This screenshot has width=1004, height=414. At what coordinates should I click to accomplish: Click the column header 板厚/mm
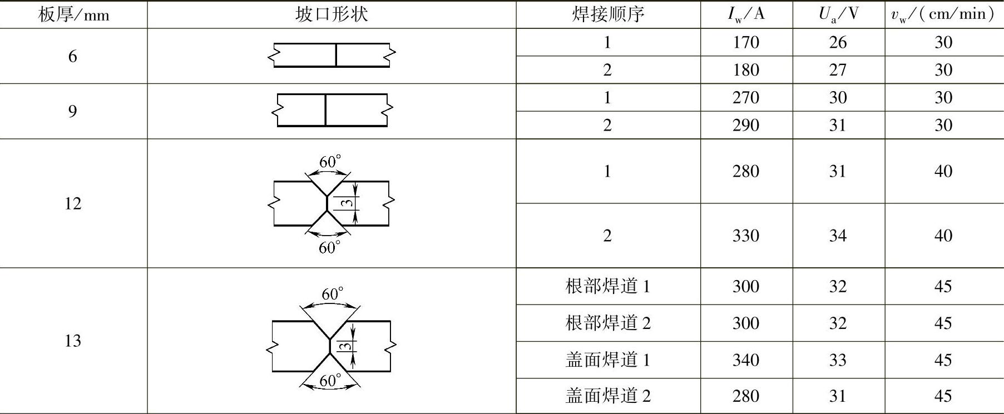[73, 14]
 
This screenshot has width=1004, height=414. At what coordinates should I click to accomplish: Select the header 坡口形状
[332, 14]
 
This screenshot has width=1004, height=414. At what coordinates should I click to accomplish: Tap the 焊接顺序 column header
[607, 14]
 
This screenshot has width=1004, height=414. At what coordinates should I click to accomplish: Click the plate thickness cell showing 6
[73, 56]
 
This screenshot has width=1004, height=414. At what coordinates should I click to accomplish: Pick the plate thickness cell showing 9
[73, 111]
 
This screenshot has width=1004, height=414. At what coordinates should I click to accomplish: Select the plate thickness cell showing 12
[73, 203]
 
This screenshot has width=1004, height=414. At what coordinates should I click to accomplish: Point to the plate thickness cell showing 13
[73, 341]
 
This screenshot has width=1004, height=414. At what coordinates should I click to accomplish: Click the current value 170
[746, 42]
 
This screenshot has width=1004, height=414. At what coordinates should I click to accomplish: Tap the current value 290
[746, 125]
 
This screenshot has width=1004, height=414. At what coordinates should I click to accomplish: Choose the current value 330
[746, 236]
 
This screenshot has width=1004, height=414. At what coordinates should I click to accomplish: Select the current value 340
[746, 360]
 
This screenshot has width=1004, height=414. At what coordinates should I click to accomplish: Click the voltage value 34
[838, 236]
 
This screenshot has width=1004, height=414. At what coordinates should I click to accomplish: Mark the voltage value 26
[838, 42]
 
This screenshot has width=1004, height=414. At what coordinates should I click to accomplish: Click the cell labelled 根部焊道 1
[607, 286]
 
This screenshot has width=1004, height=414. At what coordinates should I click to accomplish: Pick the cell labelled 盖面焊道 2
[607, 396]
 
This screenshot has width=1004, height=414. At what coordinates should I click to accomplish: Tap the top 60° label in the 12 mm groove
[330, 162]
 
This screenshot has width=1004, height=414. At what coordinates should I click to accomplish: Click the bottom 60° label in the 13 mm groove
[330, 381]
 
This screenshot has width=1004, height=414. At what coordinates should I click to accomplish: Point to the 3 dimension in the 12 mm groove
[347, 203]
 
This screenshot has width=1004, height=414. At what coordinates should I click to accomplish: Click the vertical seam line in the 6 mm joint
[336, 55]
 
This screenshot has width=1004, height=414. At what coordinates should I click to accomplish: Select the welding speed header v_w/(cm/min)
[943, 14]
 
